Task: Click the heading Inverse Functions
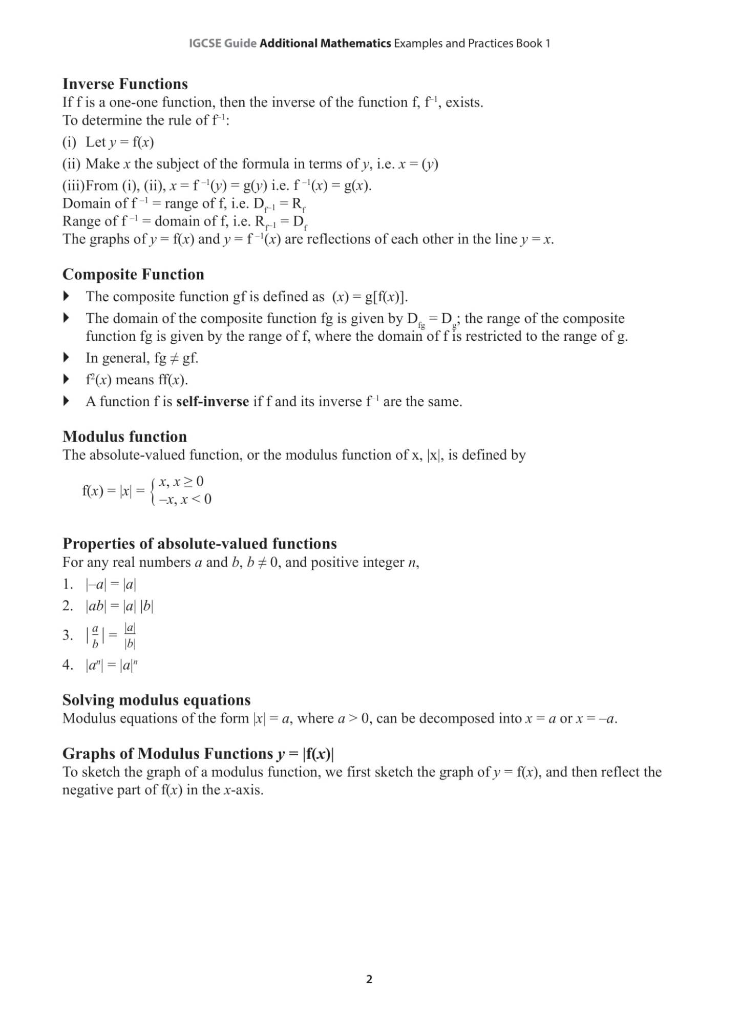(x=125, y=84)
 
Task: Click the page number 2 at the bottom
(x=369, y=979)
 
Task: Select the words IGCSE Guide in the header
(x=222, y=44)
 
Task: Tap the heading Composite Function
(x=133, y=275)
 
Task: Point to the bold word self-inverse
(x=213, y=402)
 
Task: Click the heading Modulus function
(x=124, y=437)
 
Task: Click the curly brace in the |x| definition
(x=153, y=491)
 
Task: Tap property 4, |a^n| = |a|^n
(x=111, y=666)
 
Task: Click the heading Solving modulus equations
(x=156, y=700)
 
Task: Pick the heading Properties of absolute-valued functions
(x=199, y=544)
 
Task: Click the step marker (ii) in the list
(x=71, y=164)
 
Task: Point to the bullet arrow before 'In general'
(x=66, y=358)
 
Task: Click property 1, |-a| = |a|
(x=111, y=585)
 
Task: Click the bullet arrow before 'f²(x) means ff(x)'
(x=66, y=380)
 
